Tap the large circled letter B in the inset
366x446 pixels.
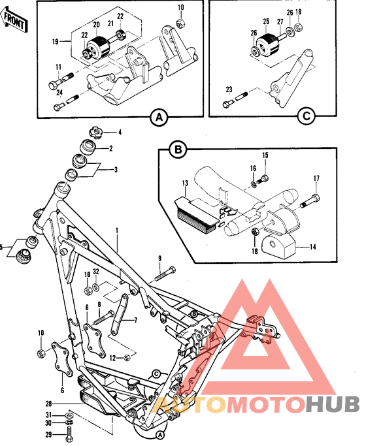[176, 151]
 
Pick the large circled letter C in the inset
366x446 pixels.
[305, 118]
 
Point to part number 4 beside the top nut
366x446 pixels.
[120, 133]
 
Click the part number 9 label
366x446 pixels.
[159, 259]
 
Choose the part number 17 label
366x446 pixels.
[316, 178]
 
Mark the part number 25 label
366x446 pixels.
[266, 21]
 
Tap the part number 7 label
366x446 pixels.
[135, 321]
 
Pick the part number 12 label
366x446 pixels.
[112, 357]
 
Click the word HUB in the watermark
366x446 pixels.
[331, 405]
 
